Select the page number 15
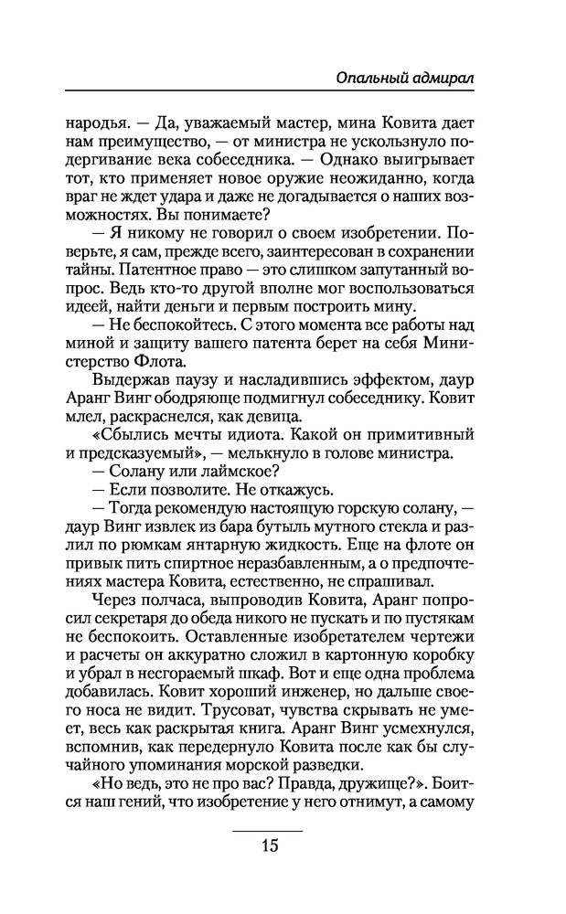click(268, 844)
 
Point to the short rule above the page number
click(268, 829)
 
